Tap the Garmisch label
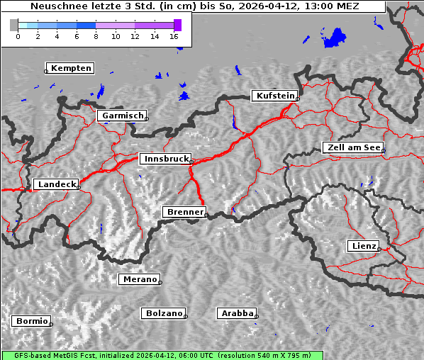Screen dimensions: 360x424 coord(123,116)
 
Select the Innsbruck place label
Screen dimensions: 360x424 coord(165,159)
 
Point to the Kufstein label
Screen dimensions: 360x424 coord(275,96)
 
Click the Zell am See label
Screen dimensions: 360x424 coord(352,147)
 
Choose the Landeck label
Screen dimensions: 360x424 coord(56,184)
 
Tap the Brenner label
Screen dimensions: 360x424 coord(184,212)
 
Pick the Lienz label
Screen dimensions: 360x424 coord(364,246)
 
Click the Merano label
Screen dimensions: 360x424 coord(139,279)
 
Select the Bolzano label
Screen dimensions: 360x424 coord(164,313)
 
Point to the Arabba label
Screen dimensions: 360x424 coord(237,313)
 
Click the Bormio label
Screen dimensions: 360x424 coord(32,321)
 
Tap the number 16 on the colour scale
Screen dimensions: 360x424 coord(174,36)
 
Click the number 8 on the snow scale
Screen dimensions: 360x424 coord(96,36)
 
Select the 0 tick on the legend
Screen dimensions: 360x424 coord(18,36)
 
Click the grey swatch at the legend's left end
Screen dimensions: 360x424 coord(13,25)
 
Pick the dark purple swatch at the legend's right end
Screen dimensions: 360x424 coord(177,25)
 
